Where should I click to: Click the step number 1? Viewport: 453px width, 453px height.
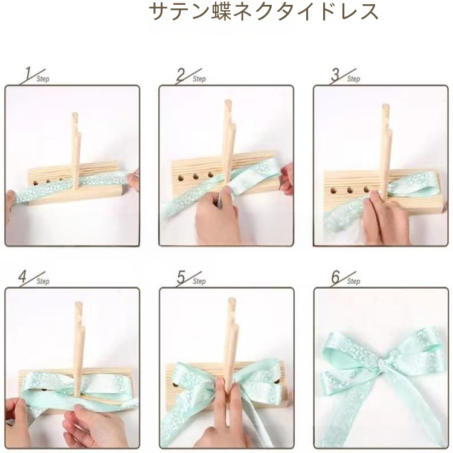click(28, 74)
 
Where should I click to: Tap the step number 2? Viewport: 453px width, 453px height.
click(181, 74)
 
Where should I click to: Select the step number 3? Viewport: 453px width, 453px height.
click(335, 74)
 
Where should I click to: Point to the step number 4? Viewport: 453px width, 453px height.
click(22, 277)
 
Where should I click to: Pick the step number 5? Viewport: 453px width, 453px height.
click(181, 277)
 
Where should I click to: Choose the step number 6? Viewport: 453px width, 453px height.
click(335, 277)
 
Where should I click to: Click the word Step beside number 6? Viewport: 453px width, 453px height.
click(353, 281)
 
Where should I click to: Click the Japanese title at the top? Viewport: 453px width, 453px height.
click(263, 12)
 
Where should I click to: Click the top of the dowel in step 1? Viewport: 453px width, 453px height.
click(75, 114)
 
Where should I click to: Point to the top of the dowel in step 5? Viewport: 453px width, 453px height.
click(231, 300)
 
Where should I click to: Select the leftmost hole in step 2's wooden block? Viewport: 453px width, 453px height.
click(181, 178)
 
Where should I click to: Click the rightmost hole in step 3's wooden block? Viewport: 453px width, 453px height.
click(366, 190)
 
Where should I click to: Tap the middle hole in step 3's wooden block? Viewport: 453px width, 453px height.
click(350, 191)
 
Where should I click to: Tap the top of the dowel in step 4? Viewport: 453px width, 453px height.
click(79, 304)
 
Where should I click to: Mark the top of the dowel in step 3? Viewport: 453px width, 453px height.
click(385, 106)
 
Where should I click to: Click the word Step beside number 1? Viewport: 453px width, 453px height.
click(43, 79)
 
